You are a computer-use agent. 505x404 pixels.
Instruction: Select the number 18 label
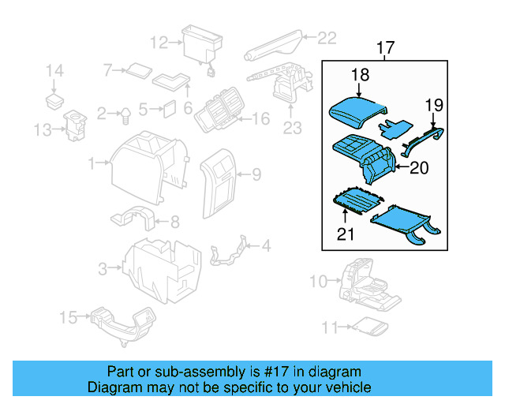click(x=360, y=75)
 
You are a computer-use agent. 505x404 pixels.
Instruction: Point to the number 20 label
click(x=421, y=166)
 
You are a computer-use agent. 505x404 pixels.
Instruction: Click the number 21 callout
click(x=346, y=233)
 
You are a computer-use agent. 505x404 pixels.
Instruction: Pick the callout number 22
click(x=327, y=36)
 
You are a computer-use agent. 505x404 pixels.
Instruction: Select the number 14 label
click(x=54, y=72)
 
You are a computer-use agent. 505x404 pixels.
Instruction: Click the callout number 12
click(x=159, y=42)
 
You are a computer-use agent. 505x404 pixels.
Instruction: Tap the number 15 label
click(x=69, y=317)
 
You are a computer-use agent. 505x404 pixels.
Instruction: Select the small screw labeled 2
click(x=125, y=115)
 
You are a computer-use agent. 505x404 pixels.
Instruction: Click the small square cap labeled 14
click(x=54, y=100)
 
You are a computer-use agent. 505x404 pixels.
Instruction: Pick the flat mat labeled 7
click(x=140, y=69)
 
